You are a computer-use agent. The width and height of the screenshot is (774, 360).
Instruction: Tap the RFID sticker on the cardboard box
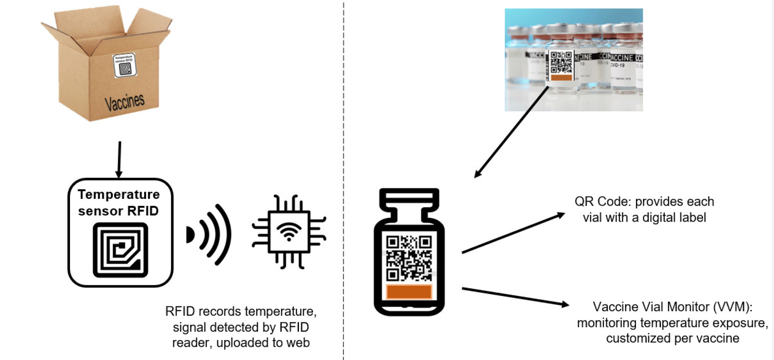125,65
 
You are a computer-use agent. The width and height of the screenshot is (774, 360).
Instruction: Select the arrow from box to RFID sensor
119,159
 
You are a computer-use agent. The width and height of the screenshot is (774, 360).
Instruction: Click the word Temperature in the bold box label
119,194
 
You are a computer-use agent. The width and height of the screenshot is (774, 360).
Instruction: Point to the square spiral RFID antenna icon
120,250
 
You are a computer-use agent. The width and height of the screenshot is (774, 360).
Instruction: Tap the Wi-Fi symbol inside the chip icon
289,232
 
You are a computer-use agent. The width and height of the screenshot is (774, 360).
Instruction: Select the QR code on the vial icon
409,258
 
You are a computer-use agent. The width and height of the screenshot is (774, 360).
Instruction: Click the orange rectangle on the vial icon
409,292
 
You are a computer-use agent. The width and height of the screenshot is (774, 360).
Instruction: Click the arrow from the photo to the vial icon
511,132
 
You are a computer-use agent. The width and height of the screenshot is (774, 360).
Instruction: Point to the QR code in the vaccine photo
561,62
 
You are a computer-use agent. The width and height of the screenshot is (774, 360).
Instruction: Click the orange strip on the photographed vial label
561,78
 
